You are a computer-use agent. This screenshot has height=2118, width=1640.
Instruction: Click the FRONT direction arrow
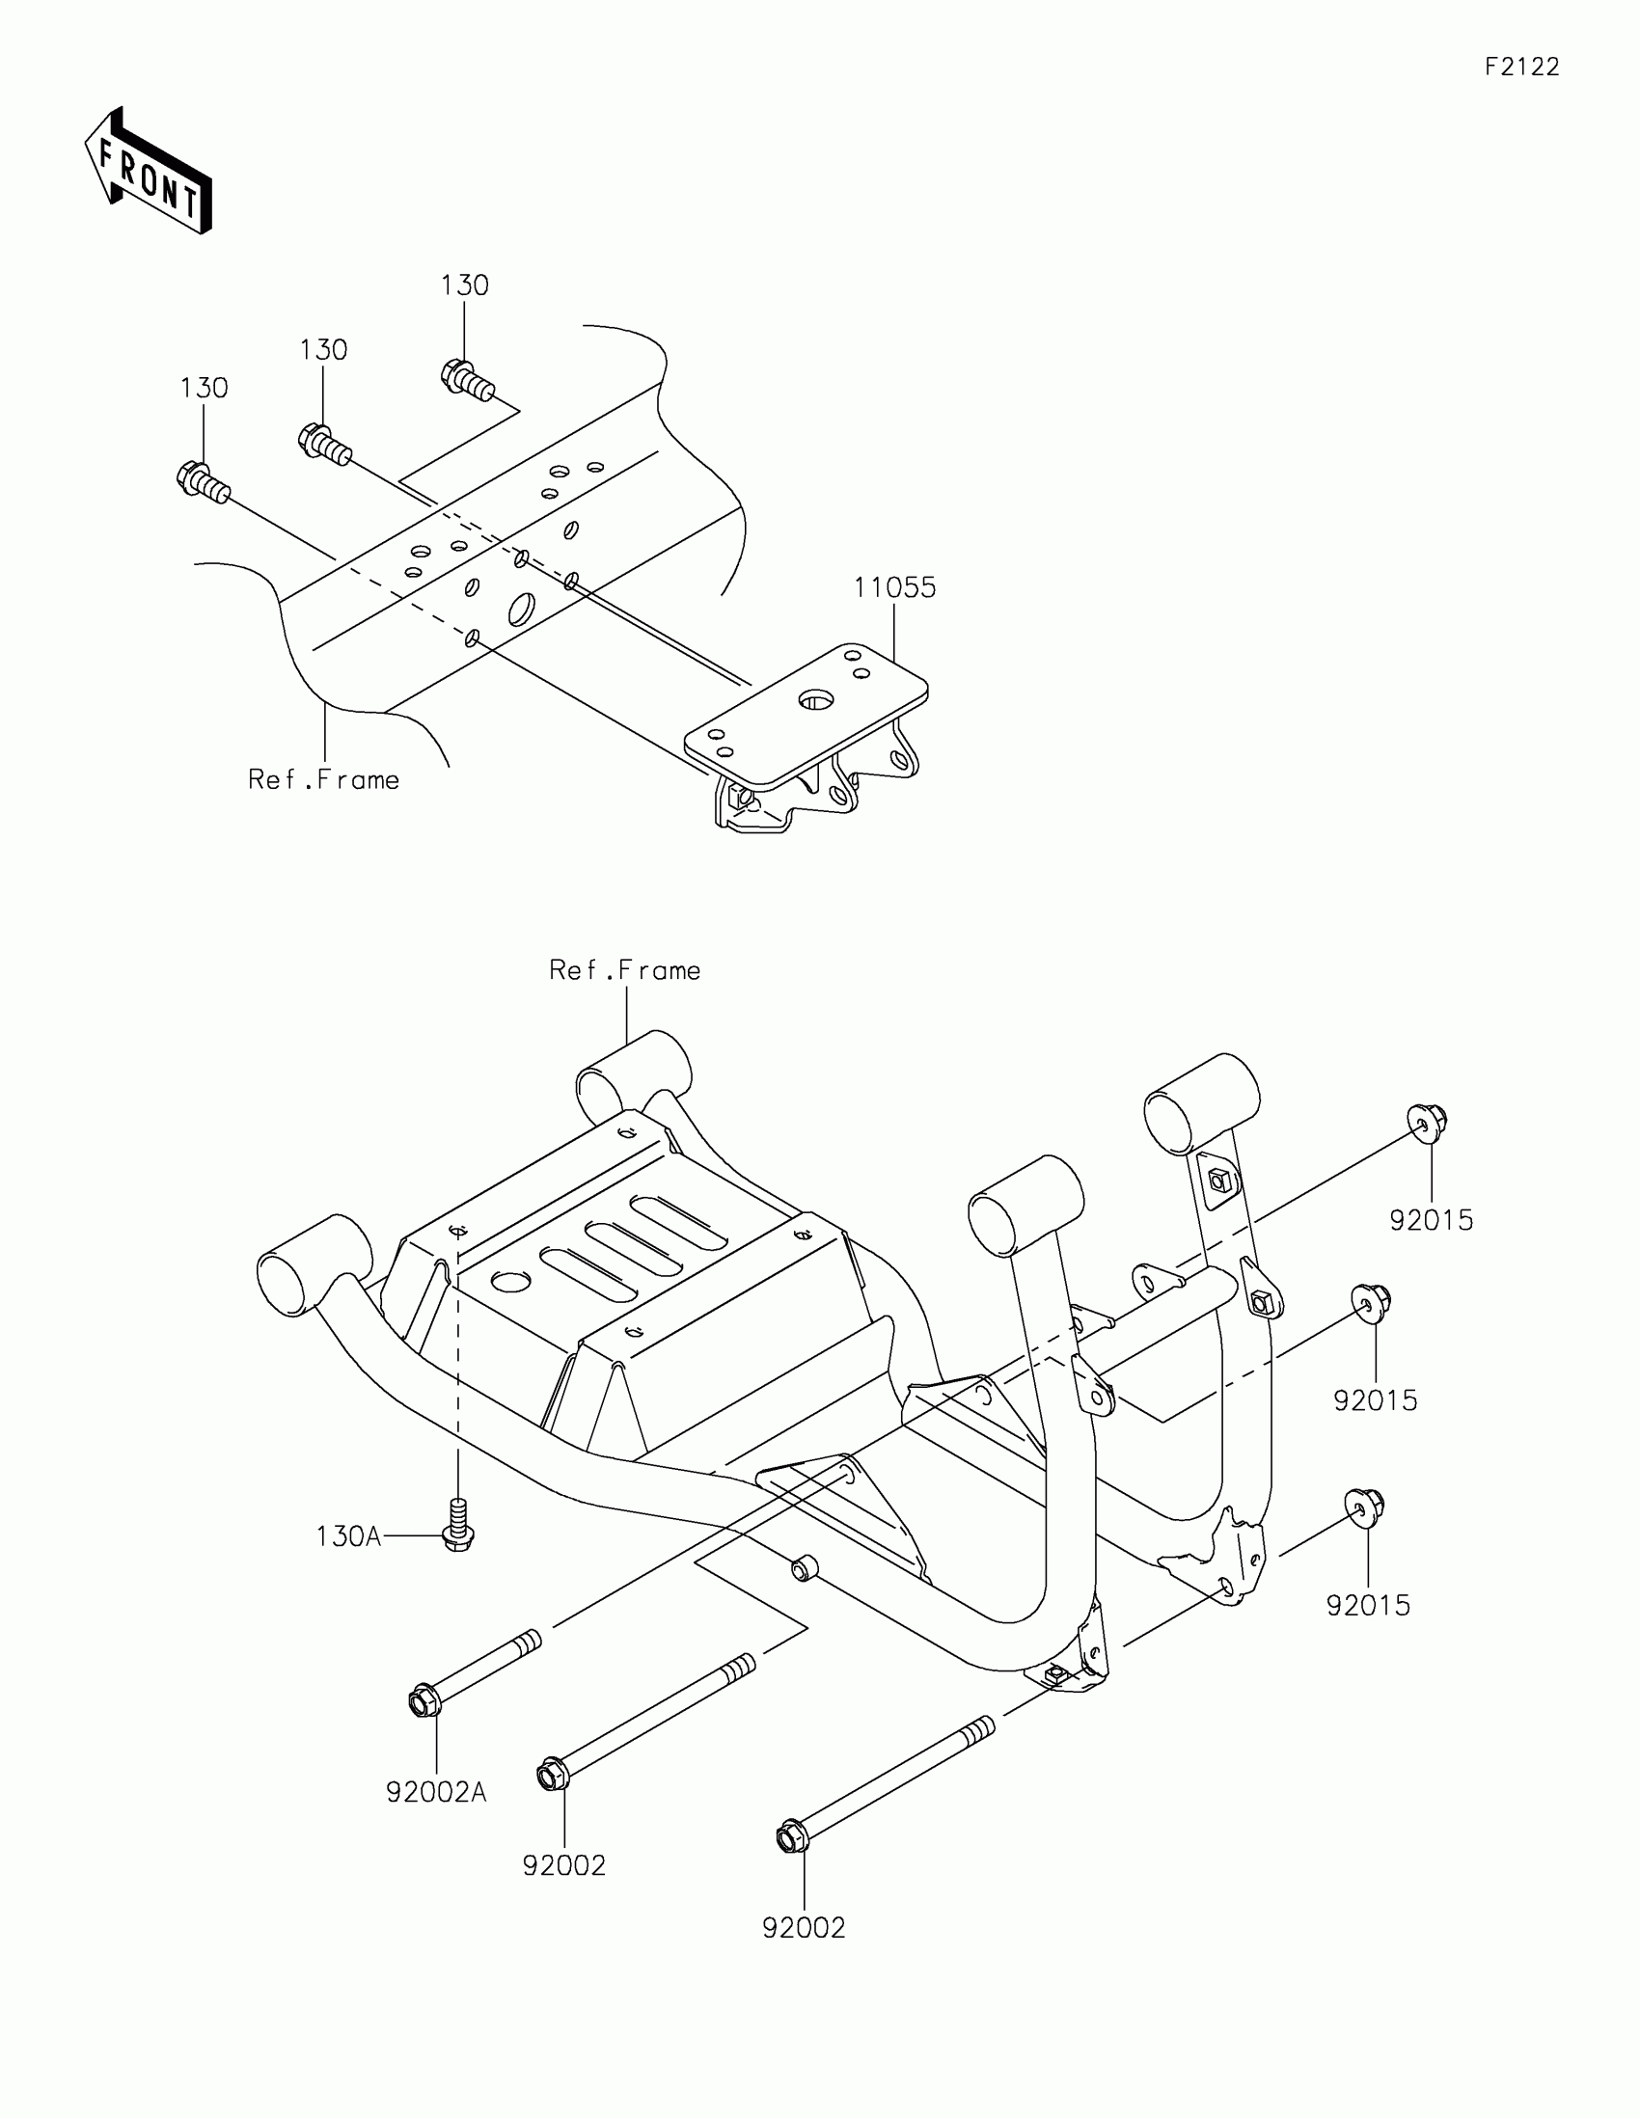148,173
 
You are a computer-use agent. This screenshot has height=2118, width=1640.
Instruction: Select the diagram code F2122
1521,67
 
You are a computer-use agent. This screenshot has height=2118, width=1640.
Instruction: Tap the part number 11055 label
894,587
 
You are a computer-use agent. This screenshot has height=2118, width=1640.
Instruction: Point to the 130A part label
348,1536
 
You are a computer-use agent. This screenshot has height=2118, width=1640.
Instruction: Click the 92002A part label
435,1793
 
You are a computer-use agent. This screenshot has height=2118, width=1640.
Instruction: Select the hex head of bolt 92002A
423,1702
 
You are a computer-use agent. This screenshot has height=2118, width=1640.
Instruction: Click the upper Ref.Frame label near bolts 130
323,780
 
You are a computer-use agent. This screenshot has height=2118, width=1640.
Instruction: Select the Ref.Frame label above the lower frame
624,970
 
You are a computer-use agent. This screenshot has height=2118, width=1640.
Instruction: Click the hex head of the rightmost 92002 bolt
791,1837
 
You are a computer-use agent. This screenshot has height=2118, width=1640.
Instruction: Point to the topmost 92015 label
1431,1220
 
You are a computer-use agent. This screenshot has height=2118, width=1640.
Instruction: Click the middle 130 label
323,350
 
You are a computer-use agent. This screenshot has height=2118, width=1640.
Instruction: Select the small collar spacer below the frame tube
803,1568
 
